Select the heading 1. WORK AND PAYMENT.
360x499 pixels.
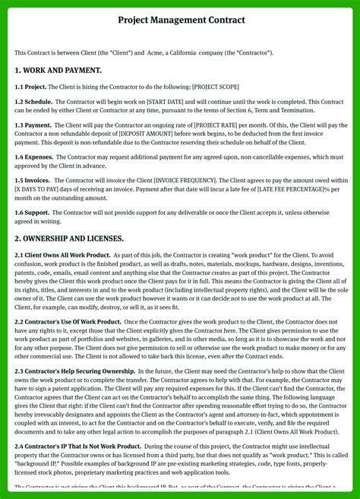58,70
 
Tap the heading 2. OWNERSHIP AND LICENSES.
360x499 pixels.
69,238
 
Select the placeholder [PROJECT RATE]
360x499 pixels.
223,125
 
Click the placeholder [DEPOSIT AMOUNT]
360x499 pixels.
146,134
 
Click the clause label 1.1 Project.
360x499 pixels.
31,87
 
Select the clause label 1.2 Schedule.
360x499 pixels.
33,102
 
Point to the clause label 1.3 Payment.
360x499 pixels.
33,125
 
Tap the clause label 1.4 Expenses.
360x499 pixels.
34,157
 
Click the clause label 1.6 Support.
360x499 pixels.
33,213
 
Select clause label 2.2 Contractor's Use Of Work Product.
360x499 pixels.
68,322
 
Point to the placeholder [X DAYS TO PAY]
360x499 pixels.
43,189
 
